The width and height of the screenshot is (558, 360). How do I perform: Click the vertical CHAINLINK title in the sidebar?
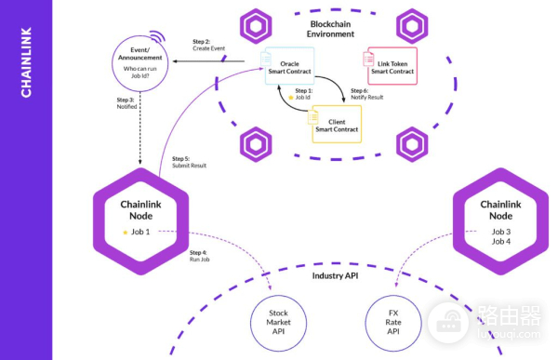point(27,65)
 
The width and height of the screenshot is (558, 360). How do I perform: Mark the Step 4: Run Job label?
point(198,257)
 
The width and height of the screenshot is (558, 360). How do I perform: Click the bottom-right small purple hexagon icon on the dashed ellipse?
point(410,145)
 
